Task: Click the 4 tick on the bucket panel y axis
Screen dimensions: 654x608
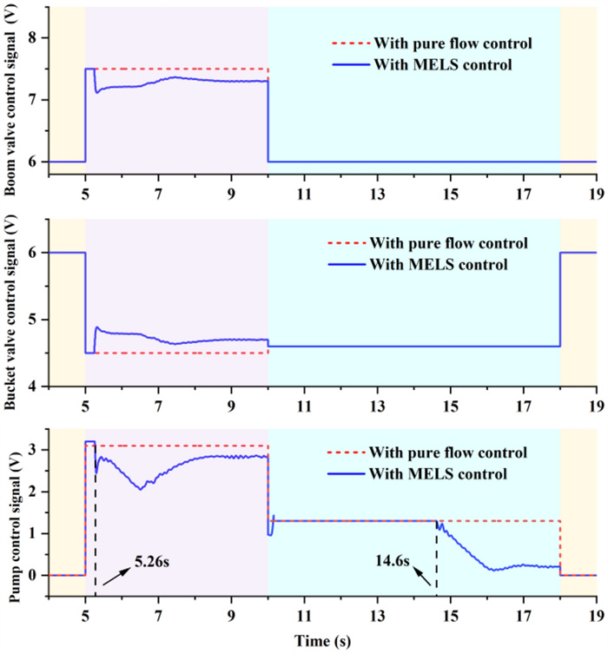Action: click(36, 386)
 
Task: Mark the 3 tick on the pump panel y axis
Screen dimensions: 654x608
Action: click(36, 450)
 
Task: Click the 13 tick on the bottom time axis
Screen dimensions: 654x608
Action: click(377, 612)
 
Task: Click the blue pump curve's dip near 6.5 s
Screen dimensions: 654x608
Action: click(141, 489)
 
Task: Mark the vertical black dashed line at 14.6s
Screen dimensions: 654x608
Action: click(436, 556)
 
